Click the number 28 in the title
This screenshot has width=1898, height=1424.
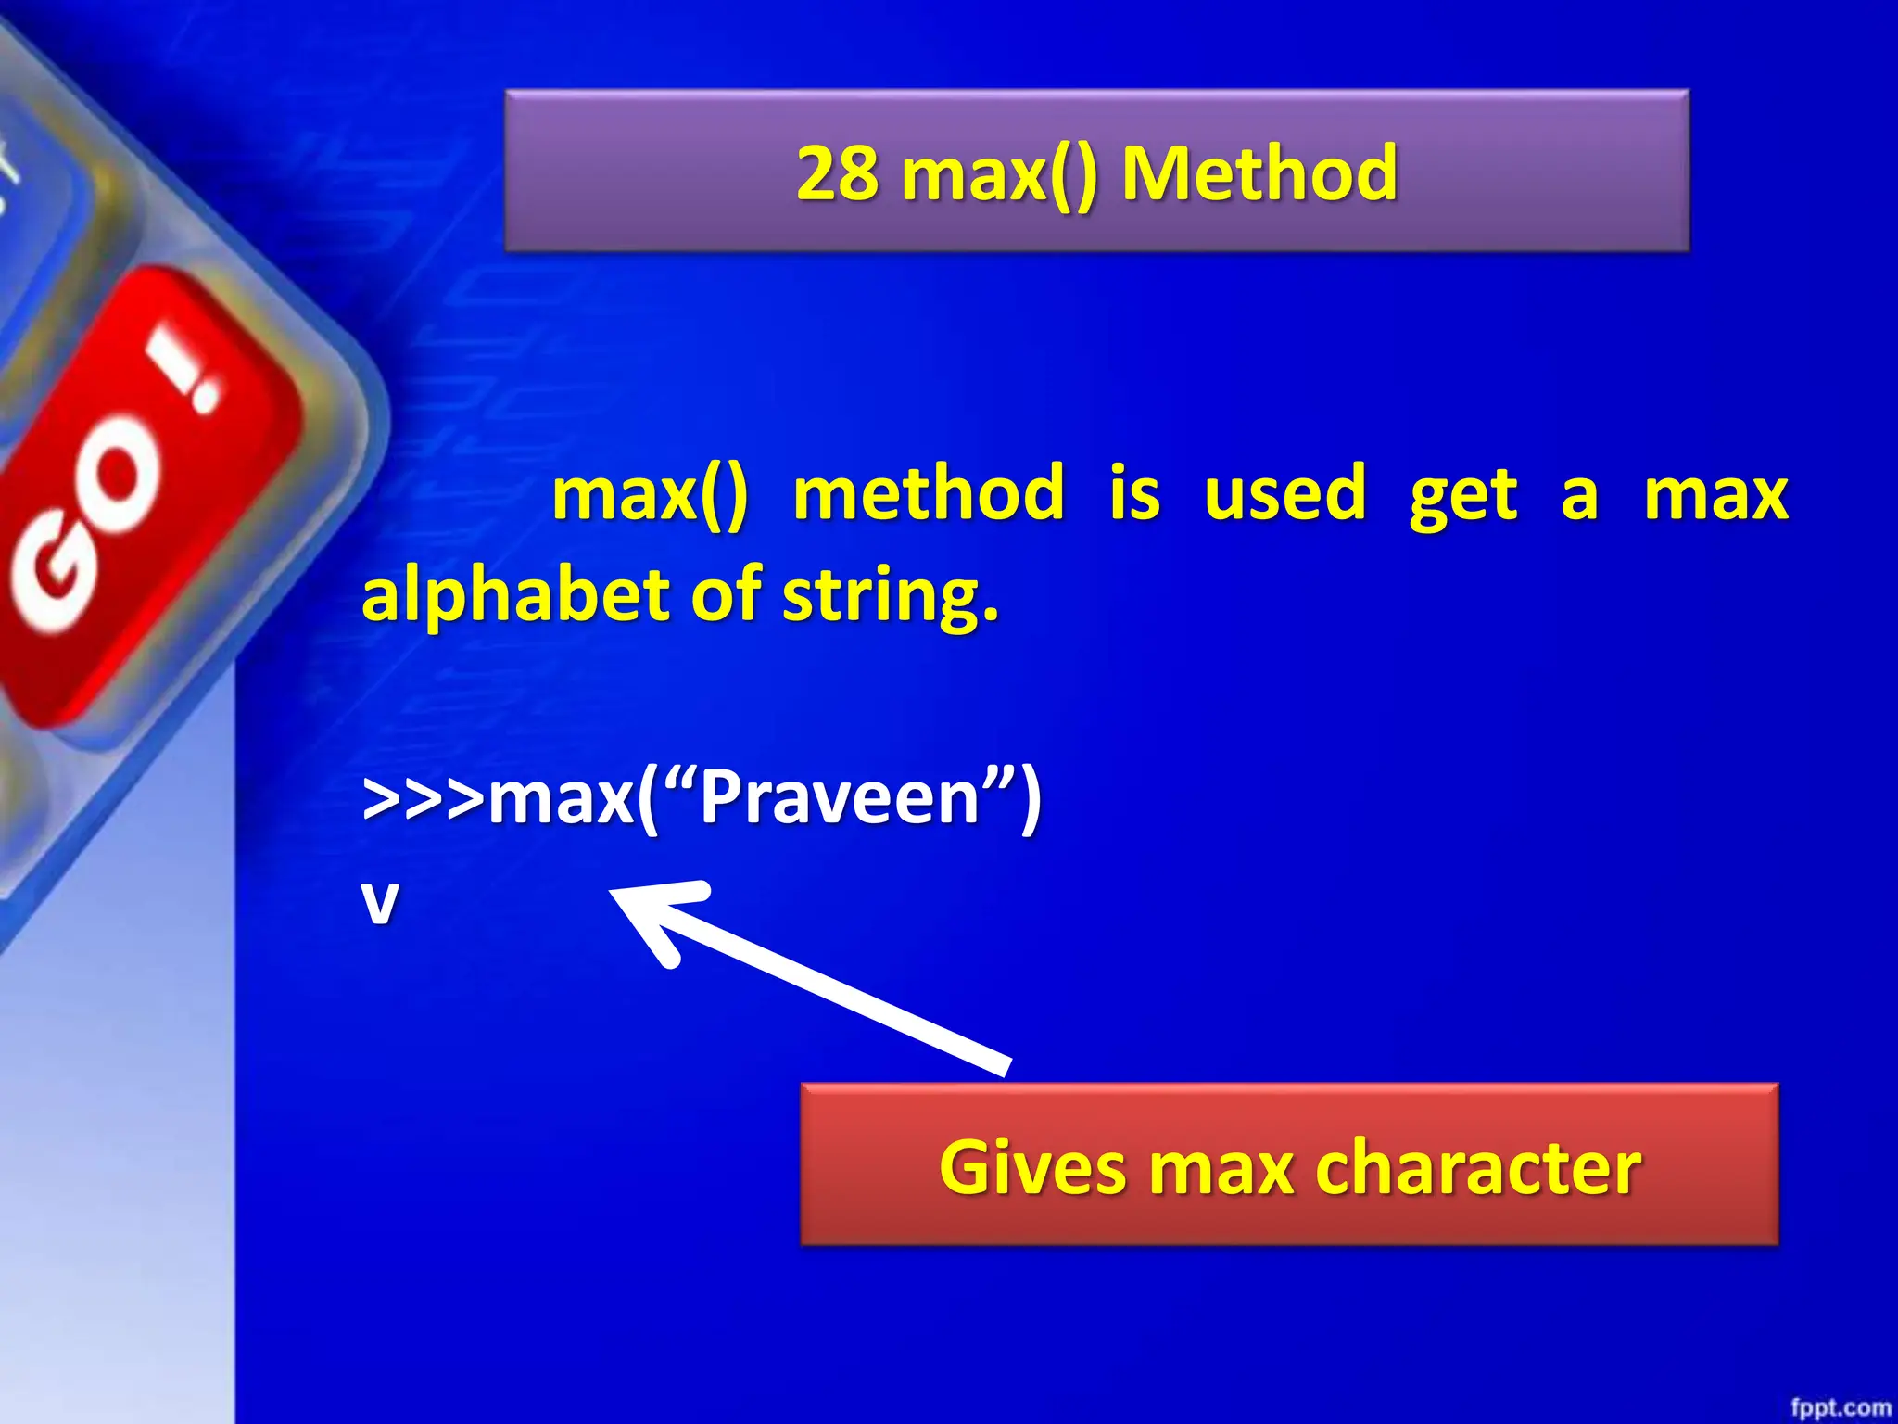click(837, 173)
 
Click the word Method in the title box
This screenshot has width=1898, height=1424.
click(1259, 173)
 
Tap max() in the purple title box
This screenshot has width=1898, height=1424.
click(998, 173)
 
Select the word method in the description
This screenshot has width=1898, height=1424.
click(929, 494)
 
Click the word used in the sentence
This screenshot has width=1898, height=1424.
click(1284, 494)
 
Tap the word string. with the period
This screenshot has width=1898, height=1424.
click(891, 596)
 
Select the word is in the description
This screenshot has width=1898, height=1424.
click(1134, 494)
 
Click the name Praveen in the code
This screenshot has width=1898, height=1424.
click(840, 799)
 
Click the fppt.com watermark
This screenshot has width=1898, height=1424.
click(1840, 1407)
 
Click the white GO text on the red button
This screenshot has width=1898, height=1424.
click(88, 528)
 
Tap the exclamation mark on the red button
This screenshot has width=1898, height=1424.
click(190, 375)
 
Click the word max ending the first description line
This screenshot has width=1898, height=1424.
click(1715, 494)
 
